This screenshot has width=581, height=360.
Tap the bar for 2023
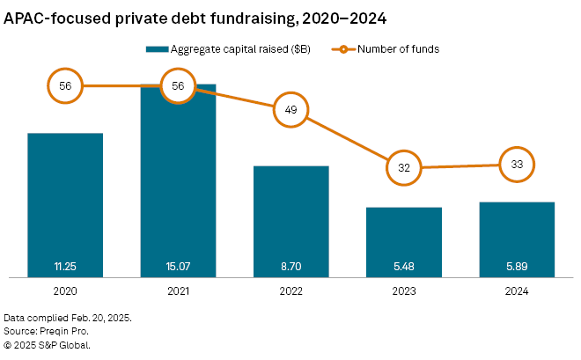(x=404, y=242)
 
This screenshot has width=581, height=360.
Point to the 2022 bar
(x=291, y=221)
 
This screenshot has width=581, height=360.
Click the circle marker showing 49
(x=291, y=110)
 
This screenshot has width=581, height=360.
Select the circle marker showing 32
(x=404, y=166)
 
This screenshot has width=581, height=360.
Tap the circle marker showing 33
(x=517, y=164)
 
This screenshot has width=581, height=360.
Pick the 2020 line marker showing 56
(x=65, y=86)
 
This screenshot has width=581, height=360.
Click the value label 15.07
(x=178, y=265)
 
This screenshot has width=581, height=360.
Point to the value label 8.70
(x=291, y=265)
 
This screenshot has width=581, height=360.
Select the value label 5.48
(x=404, y=265)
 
